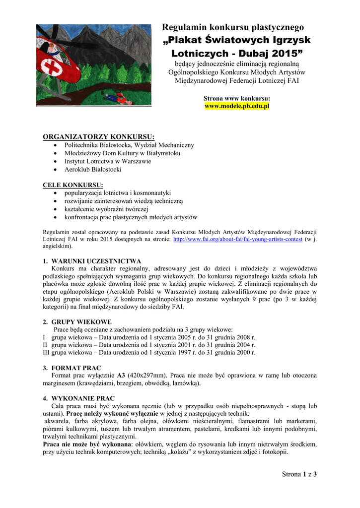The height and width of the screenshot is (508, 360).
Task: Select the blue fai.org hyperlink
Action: pyautogui.click(x=237, y=239)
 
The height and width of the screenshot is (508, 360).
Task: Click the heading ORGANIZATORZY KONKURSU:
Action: pyautogui.click(x=99, y=136)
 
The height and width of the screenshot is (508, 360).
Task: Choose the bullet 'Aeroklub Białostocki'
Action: pyautogui.click(x=93, y=169)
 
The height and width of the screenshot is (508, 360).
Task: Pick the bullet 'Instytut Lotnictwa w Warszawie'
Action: pyautogui.click(x=108, y=161)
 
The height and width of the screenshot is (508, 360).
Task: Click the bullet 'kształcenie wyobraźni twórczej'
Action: pyautogui.click(x=106, y=209)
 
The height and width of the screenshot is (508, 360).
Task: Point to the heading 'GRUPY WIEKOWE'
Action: pyautogui.click(x=81, y=321)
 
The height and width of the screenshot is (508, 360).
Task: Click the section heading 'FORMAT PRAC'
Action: pyautogui.click(x=76, y=368)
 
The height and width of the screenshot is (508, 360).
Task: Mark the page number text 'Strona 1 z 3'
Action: pyautogui.click(x=299, y=474)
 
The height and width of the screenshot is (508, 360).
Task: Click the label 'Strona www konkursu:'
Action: pyautogui.click(x=237, y=99)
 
